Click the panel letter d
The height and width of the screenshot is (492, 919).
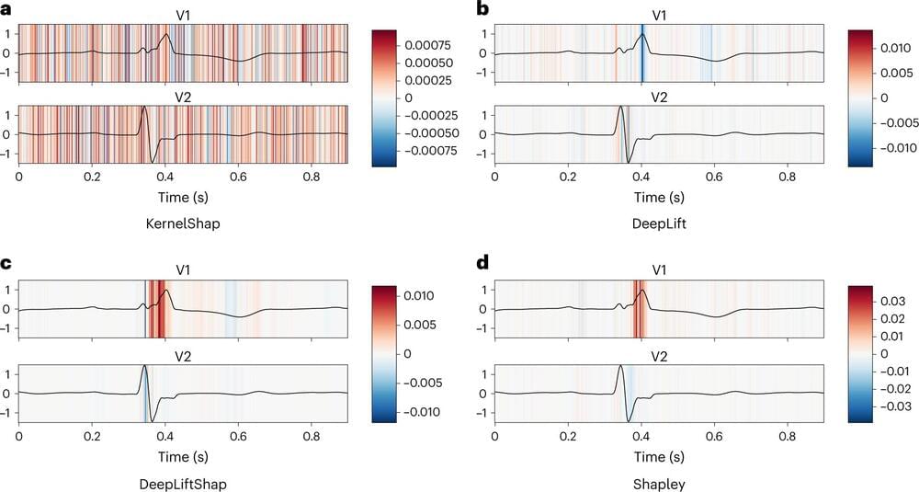click(x=482, y=265)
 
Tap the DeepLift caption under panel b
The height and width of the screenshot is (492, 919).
click(x=658, y=223)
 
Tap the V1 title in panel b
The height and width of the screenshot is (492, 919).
click(x=658, y=15)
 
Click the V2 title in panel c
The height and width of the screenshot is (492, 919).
click(x=184, y=356)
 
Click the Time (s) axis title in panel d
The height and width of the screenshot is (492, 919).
click(x=658, y=453)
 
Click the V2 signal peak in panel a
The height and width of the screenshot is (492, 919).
click(x=143, y=109)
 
